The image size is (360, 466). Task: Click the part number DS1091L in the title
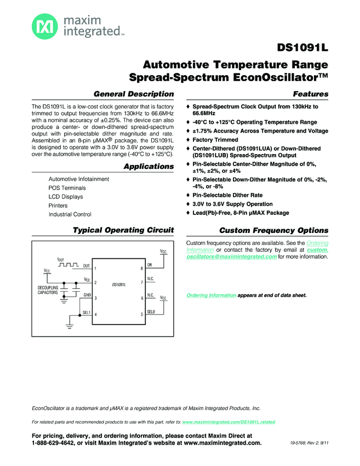coord(303,48)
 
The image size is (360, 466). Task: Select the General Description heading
coord(134,94)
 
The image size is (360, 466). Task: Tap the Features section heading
coord(311,94)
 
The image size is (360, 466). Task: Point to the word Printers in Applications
coord(58,206)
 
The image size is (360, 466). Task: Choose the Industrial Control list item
coord(70,214)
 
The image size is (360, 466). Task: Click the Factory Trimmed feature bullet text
coord(215,140)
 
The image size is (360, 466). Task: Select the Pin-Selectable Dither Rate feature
coord(227,195)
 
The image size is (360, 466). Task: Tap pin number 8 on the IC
coord(141,268)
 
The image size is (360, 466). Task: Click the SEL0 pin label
coord(151,311)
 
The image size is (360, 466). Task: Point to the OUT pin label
coord(87,265)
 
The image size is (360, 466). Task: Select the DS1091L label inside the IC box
coord(118,285)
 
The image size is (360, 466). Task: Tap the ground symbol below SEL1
coord(70,327)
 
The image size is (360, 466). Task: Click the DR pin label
coord(150,265)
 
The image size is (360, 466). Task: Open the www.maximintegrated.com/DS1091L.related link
coord(228,422)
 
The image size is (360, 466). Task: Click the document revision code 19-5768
coord(299,443)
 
